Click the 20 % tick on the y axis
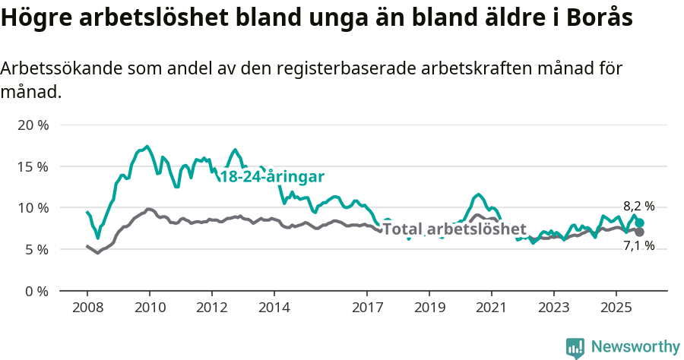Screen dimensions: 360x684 [x=33, y=125]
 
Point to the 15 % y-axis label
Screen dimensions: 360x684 [x=33, y=166]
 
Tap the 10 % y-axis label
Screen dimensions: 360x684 [x=33, y=208]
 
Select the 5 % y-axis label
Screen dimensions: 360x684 [x=36, y=249]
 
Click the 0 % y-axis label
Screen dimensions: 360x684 [x=36, y=291]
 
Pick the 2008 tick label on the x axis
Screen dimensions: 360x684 [x=87, y=308]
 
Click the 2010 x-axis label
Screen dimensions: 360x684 [x=149, y=308]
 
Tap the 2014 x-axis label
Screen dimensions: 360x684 [x=274, y=308]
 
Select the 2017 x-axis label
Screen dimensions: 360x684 [x=367, y=308]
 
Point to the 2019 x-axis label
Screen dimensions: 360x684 [x=429, y=308]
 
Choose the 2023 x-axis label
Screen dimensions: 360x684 [x=553, y=308]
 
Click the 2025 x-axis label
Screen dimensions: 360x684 [x=616, y=308]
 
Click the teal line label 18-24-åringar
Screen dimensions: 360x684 [x=272, y=177]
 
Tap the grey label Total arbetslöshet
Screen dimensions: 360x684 [x=454, y=229]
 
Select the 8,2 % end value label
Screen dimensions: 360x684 [x=638, y=207]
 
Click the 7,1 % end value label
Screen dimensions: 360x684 [x=638, y=246]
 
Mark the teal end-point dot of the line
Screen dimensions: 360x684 [x=640, y=223]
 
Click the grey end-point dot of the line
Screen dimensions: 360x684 [x=640, y=232]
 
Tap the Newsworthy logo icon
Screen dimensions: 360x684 [x=575, y=348]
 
